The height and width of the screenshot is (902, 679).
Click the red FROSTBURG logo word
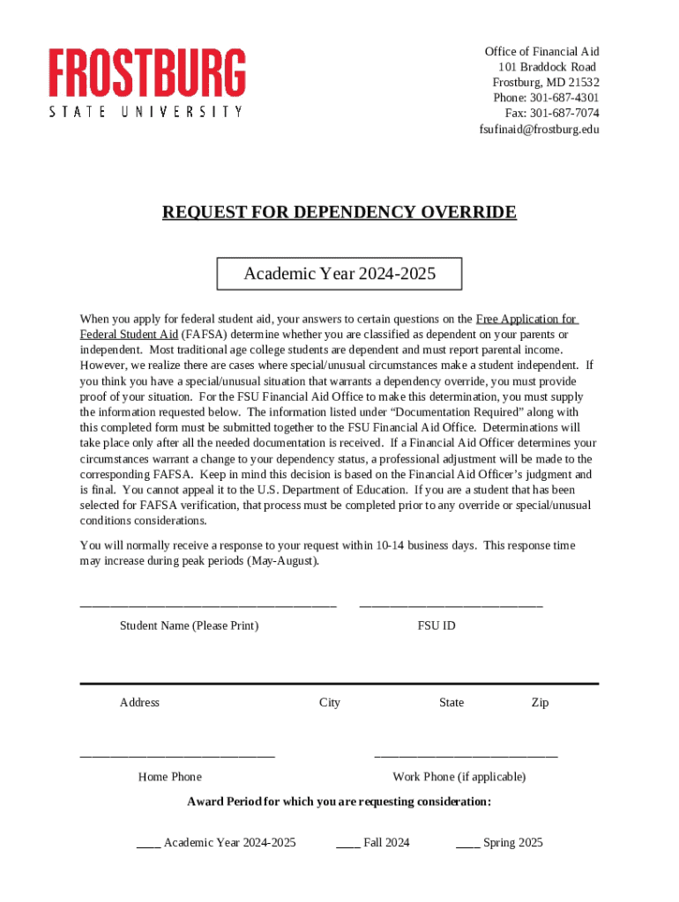[146, 73]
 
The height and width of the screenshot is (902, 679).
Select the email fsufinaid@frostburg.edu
[539, 129]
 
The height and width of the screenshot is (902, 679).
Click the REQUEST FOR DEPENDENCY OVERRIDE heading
[339, 213]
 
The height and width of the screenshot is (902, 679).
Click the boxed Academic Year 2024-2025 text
[339, 274]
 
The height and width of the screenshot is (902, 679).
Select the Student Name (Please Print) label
[189, 626]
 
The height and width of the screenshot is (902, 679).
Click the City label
[330, 703]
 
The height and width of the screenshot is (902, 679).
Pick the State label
[451, 703]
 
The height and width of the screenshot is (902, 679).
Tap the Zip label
[540, 703]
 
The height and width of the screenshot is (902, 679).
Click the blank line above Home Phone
[177, 756]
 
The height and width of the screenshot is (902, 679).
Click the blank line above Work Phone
[466, 756]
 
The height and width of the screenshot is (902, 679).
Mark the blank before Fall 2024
[347, 844]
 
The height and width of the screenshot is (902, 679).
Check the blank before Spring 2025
[467, 844]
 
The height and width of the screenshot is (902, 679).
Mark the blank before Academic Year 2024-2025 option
[148, 844]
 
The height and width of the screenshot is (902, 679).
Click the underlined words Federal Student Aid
[129, 335]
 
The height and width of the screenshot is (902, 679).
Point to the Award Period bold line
[339, 802]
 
